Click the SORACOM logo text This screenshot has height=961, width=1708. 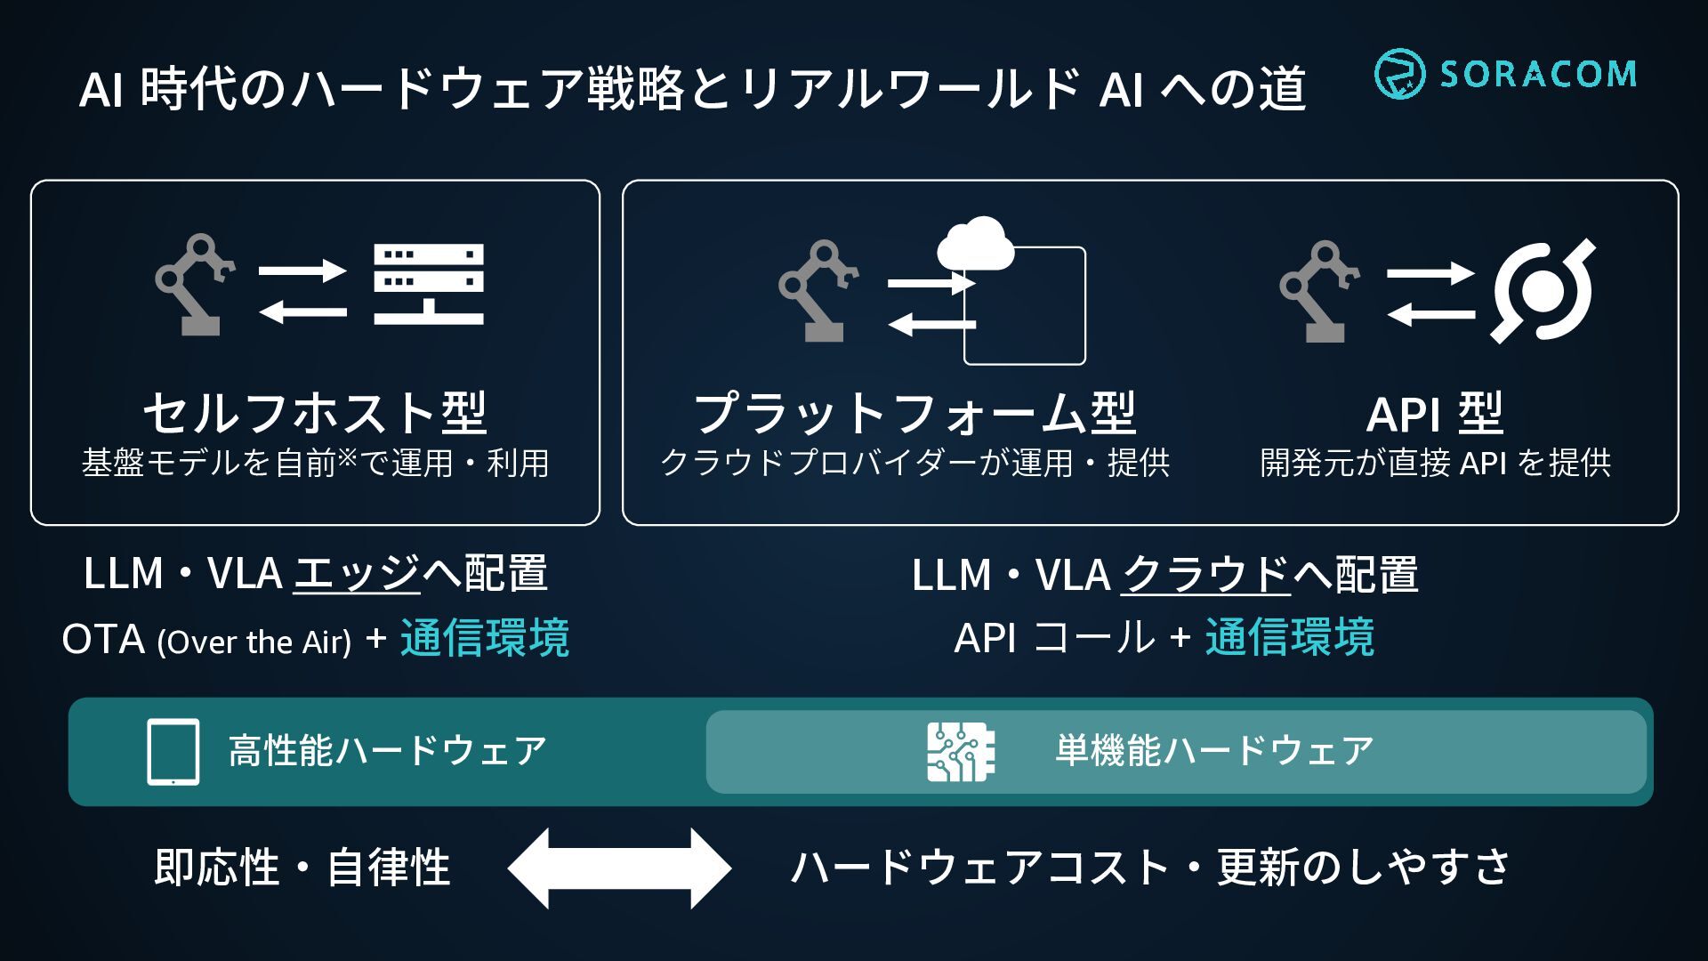tap(1538, 74)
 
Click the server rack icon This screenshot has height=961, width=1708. tap(429, 284)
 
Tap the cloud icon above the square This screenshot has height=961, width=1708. tap(976, 242)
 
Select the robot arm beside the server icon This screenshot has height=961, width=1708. tap(194, 285)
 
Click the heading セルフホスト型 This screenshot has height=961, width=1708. tap(315, 414)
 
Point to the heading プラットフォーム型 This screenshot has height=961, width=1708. tap(914, 414)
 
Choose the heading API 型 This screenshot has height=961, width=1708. tap(1435, 414)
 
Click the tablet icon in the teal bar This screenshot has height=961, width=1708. tap(173, 752)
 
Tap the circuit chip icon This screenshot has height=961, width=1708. tap(960, 752)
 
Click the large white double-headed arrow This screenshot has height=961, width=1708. tap(619, 868)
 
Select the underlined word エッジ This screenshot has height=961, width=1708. tap(357, 574)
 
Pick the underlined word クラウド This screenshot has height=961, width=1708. tap(1204, 575)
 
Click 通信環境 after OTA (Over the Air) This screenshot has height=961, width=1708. tap(485, 639)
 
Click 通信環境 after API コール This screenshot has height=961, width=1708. tap(1290, 638)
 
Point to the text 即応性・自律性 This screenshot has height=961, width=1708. tap(302, 868)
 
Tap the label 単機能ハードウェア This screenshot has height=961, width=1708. tap(1214, 751)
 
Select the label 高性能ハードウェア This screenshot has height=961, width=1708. tap(387, 751)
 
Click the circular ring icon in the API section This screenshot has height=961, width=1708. tap(1543, 291)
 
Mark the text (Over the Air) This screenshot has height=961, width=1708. tap(254, 642)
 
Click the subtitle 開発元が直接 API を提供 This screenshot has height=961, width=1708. tap(1435, 463)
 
